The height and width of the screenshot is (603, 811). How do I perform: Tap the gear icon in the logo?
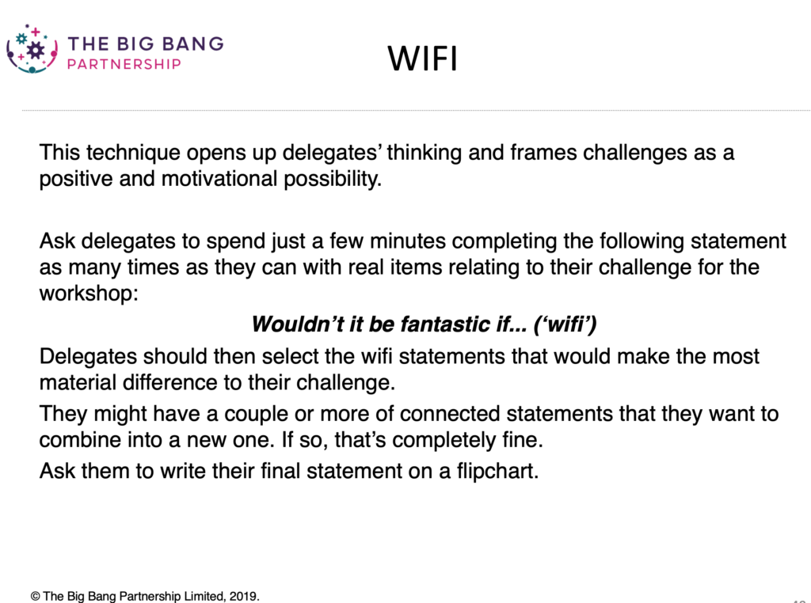pos(35,50)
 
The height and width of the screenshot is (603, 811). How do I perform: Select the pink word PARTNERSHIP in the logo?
pos(124,64)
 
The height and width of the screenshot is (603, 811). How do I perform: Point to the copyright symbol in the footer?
pos(35,595)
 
